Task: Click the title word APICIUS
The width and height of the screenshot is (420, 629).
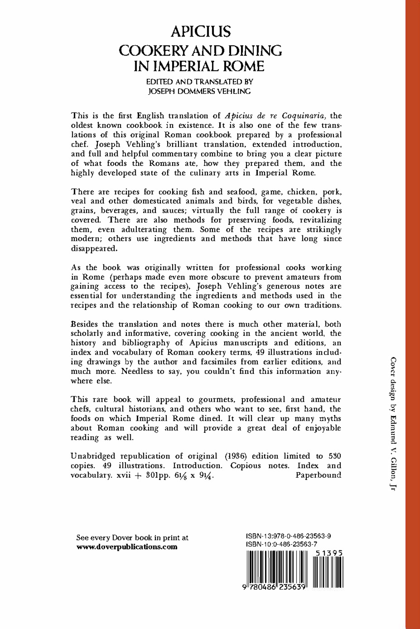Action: click(x=200, y=32)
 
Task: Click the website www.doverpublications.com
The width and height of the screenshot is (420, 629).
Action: click(x=126, y=547)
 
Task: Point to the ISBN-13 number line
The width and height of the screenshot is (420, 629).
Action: click(x=288, y=536)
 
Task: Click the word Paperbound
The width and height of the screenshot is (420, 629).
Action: click(x=318, y=475)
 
